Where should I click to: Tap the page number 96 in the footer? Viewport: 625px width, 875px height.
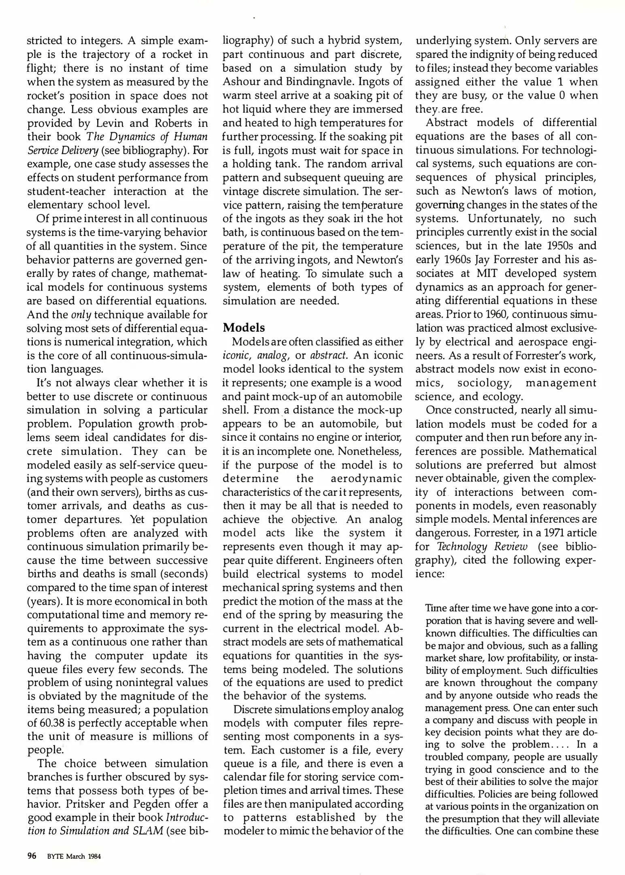[32, 856]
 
